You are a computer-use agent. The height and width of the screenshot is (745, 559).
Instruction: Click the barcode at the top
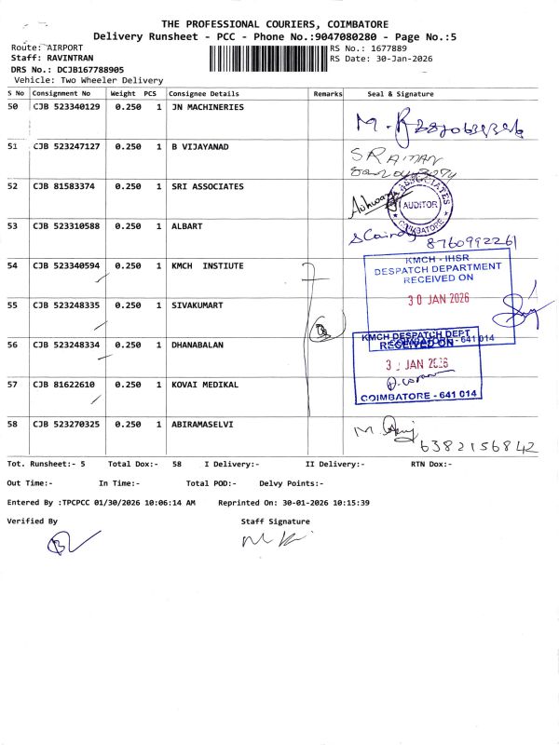[263, 61]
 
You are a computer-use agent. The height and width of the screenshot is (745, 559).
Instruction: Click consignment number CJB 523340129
[66, 108]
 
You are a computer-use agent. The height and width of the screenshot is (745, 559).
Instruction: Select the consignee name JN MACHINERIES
[207, 108]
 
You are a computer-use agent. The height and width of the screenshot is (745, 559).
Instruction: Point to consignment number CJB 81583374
[63, 186]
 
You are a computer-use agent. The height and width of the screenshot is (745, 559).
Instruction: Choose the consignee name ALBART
[186, 226]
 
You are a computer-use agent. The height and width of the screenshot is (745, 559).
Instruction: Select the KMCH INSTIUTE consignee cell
[207, 266]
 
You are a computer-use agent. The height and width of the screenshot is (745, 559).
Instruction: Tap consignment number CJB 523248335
[66, 305]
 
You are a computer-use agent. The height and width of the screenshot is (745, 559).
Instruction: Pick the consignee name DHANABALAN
[198, 345]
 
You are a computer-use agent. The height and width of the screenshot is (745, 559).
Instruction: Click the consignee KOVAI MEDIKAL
[204, 385]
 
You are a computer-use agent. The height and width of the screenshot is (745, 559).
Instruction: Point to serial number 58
[13, 424]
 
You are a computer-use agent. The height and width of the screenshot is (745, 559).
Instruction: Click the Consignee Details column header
[204, 94]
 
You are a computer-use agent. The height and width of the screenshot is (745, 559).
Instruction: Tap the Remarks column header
[328, 94]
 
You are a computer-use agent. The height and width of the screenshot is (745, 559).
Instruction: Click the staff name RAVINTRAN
[72, 58]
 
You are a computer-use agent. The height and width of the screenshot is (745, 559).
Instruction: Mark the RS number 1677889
[389, 47]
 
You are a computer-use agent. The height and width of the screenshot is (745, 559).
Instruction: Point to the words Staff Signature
[275, 521]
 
